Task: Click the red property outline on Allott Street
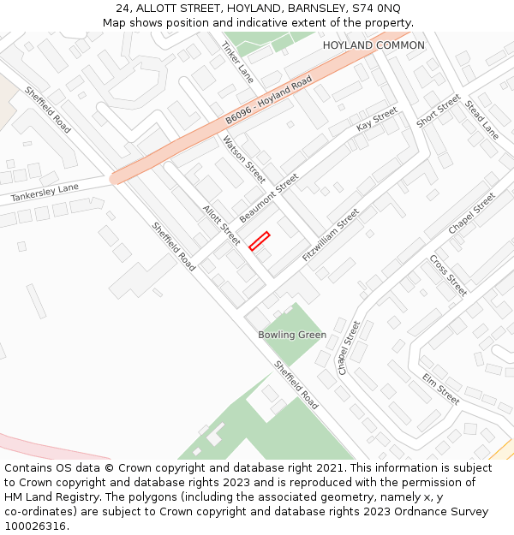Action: (259, 241)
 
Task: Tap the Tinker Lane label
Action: (237, 57)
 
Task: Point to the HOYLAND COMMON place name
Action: (374, 45)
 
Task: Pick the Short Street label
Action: (438, 111)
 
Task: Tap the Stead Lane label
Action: (481, 120)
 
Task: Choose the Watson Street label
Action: (244, 159)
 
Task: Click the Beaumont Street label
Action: (269, 198)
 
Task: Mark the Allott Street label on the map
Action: (221, 224)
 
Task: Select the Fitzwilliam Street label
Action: (331, 234)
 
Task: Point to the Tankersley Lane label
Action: (44, 193)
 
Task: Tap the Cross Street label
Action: (448, 275)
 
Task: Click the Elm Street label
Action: (440, 389)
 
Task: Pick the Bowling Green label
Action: (292, 335)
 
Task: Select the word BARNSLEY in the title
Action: (318, 9)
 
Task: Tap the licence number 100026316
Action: (36, 526)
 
